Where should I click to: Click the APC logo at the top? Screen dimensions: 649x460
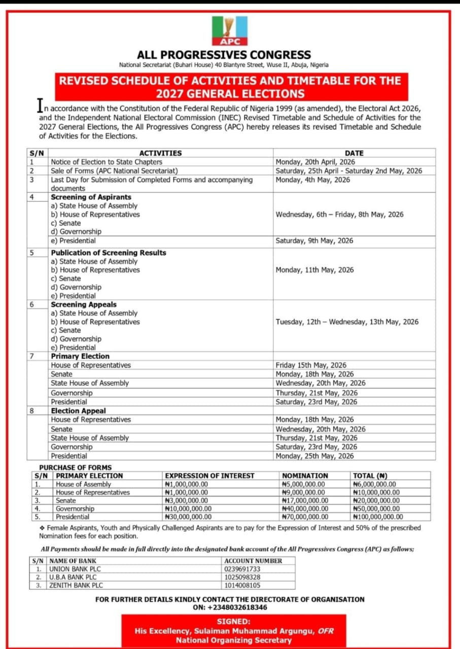(x=230, y=31)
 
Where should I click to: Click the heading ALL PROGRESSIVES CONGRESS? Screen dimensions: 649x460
(x=224, y=55)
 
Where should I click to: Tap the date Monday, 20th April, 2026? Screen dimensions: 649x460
(x=315, y=162)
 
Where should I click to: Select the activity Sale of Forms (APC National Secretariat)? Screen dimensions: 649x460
(x=114, y=171)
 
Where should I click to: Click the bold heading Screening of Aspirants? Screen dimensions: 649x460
(x=91, y=197)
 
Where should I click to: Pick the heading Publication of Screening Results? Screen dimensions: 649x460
(x=109, y=253)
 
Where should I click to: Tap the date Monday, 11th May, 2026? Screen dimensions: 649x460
(x=314, y=270)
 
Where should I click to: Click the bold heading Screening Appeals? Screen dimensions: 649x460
(x=84, y=305)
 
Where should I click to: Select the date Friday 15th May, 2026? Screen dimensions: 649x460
(x=311, y=365)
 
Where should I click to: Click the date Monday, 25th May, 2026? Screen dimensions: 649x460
(x=314, y=456)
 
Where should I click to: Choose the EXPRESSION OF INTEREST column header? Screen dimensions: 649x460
(x=209, y=476)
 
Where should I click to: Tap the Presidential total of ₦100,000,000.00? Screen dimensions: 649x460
(x=378, y=517)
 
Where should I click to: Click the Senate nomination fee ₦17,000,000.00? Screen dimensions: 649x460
(x=305, y=500)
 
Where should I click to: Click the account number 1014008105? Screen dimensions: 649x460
(x=242, y=585)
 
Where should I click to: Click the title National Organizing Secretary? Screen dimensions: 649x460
(x=234, y=640)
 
